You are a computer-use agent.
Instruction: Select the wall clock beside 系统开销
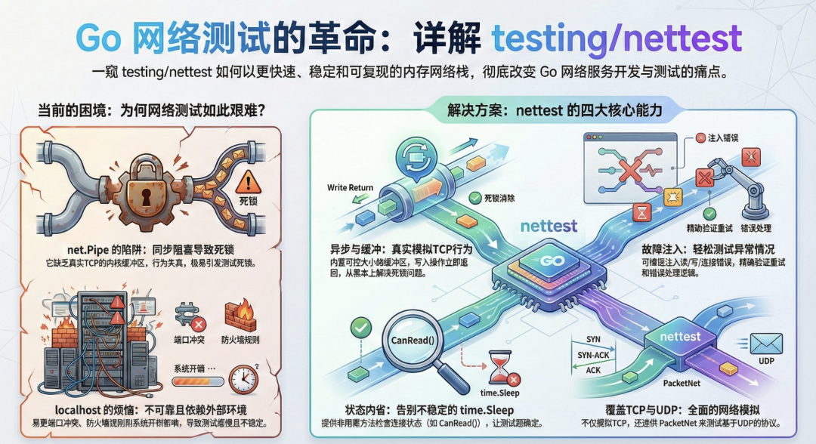[244, 378]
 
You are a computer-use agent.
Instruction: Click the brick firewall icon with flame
[242, 314]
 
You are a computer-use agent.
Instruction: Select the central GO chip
[542, 266]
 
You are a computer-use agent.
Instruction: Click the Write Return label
[351, 187]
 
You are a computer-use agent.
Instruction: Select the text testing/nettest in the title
[617, 39]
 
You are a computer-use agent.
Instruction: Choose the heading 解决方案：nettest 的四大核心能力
[552, 111]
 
